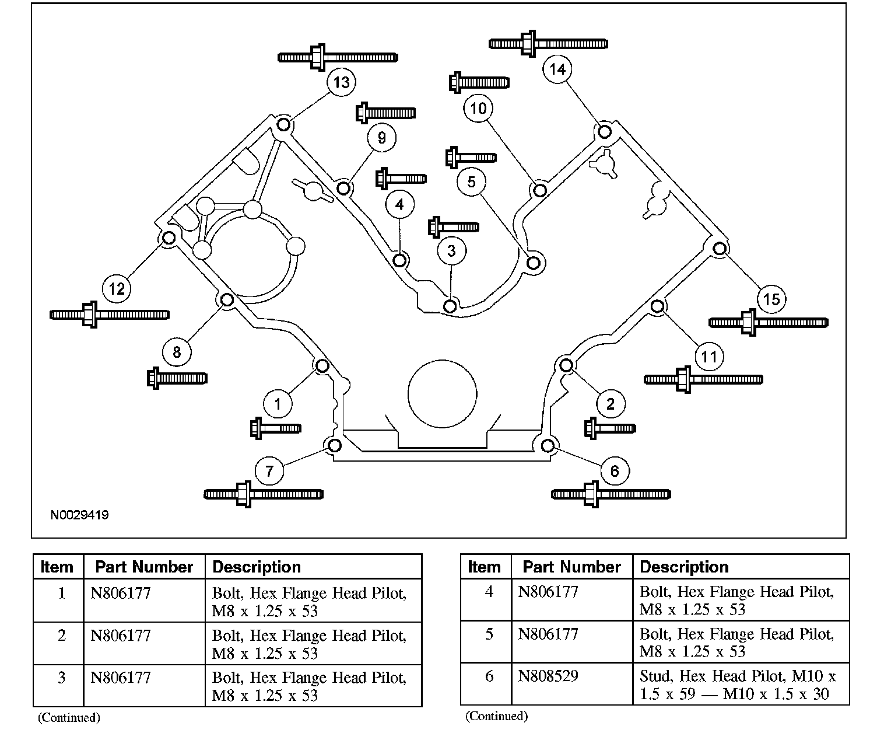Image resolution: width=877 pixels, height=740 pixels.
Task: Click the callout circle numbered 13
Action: (341, 82)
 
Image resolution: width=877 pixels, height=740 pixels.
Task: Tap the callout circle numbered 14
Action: (557, 69)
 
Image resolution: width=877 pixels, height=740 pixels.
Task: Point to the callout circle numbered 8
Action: (177, 351)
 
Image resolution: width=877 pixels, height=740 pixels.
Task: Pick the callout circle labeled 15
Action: (771, 299)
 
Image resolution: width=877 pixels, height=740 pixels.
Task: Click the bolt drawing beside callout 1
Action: (275, 428)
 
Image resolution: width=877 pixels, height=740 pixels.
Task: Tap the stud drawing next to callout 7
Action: (264, 494)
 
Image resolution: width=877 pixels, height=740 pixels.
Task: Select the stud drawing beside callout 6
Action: (611, 494)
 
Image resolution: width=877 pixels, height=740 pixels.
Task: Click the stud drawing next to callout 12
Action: (110, 315)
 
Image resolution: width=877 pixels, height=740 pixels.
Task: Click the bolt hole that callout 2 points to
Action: (566, 365)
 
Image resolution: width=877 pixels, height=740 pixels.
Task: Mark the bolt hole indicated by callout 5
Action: (533, 262)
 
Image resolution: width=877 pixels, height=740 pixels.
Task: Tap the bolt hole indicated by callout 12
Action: (169, 238)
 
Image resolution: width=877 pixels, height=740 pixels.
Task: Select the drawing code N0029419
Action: (79, 515)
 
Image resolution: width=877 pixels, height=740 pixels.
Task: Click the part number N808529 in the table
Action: (548, 676)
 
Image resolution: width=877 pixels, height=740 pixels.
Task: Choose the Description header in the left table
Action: (257, 567)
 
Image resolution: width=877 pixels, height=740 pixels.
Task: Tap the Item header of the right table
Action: (484, 567)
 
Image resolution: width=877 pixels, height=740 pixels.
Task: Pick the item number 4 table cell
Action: (489, 592)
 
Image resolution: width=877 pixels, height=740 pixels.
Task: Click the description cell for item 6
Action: (738, 685)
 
